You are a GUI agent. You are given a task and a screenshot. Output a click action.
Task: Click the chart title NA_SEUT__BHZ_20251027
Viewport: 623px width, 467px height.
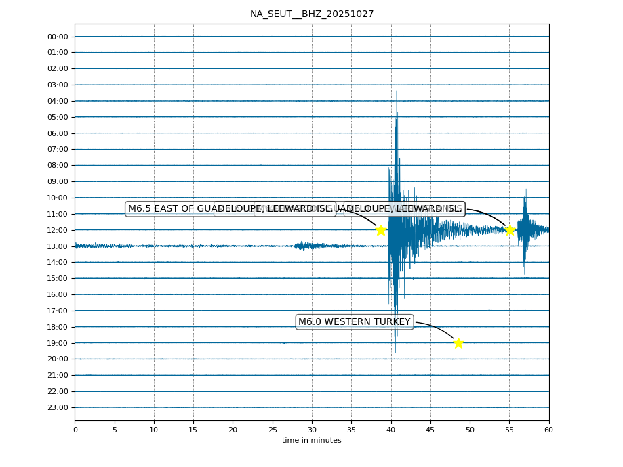coord(311,14)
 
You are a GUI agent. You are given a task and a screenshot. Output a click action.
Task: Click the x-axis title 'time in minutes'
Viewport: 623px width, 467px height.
coord(311,440)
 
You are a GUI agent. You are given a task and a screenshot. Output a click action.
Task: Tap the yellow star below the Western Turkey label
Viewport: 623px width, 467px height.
coord(458,343)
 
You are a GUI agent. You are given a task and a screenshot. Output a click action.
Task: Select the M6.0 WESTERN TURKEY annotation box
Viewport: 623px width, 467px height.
coord(355,321)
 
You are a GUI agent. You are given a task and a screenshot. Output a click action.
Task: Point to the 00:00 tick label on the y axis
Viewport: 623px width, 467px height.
coord(58,37)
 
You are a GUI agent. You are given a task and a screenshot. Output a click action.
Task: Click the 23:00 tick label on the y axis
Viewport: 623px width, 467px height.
coord(58,407)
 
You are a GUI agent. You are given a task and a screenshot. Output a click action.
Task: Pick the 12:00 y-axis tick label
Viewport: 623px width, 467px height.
coord(58,230)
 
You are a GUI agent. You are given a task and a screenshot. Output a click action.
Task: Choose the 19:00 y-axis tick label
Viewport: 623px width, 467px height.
coord(58,343)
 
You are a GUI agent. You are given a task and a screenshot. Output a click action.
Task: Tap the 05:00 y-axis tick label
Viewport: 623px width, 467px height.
coord(58,117)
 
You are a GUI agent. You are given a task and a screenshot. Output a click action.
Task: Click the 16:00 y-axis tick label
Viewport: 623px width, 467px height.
coord(58,294)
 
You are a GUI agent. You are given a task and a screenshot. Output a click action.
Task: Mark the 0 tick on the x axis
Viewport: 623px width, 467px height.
coord(75,430)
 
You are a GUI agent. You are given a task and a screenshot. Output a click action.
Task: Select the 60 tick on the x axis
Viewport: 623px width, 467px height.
coord(548,430)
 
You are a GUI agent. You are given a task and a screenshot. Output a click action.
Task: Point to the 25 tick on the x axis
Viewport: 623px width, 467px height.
coord(273,430)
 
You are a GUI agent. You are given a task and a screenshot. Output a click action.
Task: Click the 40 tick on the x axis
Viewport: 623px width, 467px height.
coord(391,430)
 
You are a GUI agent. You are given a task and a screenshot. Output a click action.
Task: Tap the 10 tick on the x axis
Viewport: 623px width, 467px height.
coord(154,430)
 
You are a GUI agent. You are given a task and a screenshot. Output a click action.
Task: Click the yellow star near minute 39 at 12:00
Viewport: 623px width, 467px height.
coord(381,230)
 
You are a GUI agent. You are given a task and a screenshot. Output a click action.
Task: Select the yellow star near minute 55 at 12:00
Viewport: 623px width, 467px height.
coord(510,230)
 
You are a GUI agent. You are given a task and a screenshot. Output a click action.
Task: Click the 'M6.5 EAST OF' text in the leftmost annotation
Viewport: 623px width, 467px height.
coord(160,208)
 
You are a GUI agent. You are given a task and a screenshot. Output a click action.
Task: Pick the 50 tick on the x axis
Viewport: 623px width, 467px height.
coord(470,430)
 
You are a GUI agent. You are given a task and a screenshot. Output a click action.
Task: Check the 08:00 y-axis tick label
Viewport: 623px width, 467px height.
coord(58,165)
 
